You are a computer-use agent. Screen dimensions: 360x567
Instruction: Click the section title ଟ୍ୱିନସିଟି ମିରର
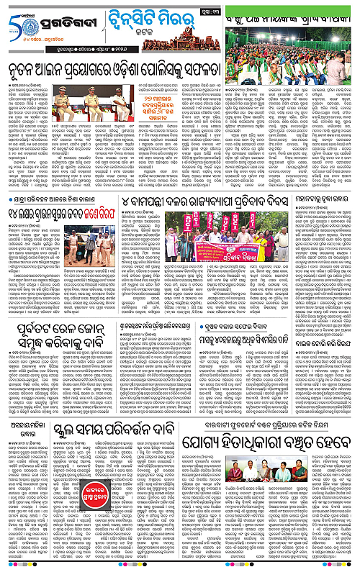click(x=151, y=15)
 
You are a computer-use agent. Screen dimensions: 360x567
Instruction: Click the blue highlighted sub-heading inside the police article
click(x=160, y=119)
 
